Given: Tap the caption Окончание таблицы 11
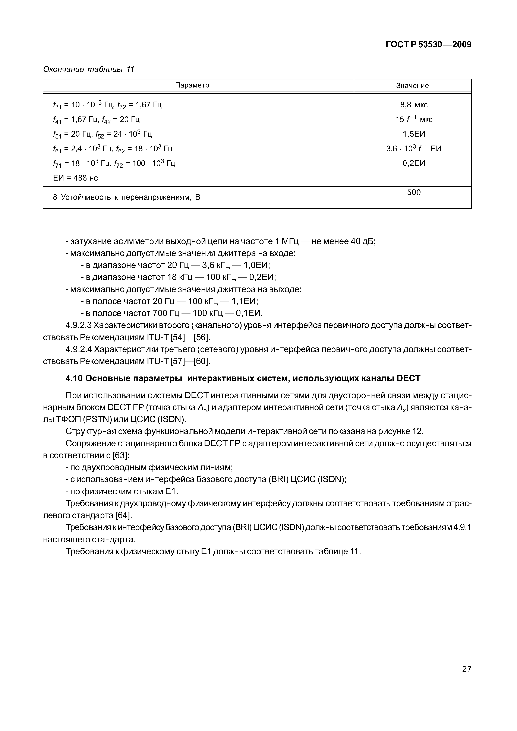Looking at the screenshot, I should pos(89,69).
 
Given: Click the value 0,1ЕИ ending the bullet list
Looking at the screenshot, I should pos(249,313).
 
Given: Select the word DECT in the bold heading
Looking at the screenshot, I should pos(408,378).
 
